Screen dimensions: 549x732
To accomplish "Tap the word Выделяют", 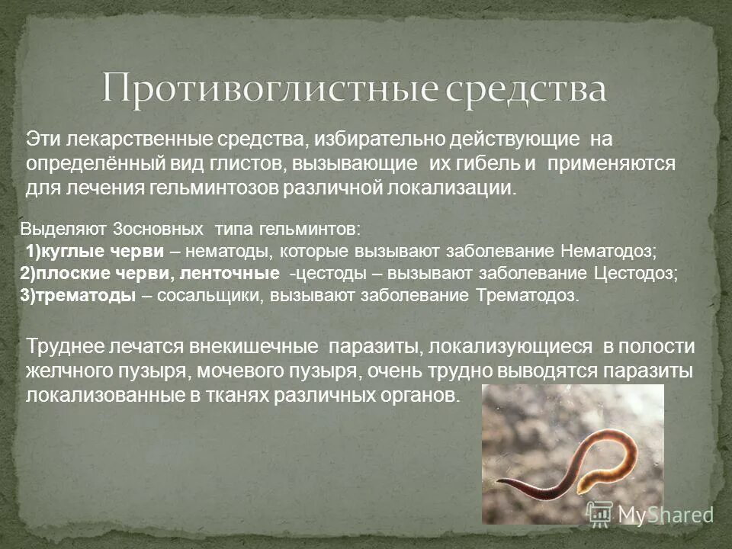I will click(64, 229).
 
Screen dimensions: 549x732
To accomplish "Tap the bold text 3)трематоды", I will click(79, 296).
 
